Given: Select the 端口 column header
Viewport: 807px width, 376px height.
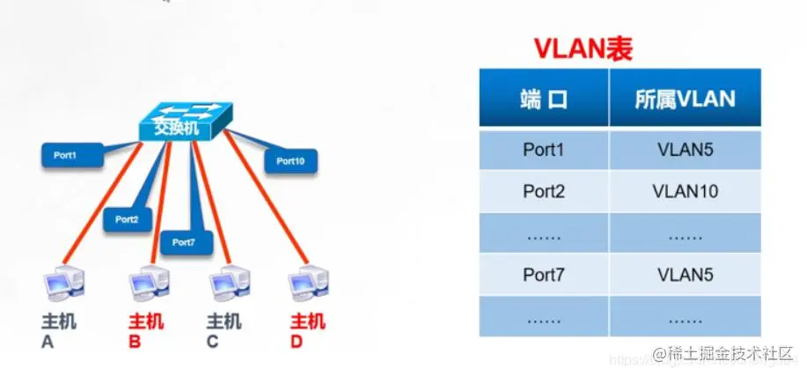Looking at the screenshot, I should [x=543, y=99].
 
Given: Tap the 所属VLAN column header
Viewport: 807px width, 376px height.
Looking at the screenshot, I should [x=684, y=99].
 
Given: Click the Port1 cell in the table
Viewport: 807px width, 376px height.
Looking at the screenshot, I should [x=543, y=150].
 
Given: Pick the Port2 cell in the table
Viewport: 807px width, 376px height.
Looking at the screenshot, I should [x=543, y=191].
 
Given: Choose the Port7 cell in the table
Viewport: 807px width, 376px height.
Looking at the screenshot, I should [x=543, y=274].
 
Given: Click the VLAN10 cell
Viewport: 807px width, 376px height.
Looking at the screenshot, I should [x=684, y=191].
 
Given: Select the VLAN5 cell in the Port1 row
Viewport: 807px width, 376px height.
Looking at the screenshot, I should [x=684, y=150].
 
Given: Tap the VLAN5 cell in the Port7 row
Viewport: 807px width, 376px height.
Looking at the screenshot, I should [x=684, y=274].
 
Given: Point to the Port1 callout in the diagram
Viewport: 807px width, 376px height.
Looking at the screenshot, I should [x=70, y=155].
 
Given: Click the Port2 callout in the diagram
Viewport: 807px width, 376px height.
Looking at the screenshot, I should [x=128, y=218].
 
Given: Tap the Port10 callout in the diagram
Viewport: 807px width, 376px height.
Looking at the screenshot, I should [x=290, y=161].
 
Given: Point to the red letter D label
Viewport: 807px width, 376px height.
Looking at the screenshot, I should [x=297, y=340].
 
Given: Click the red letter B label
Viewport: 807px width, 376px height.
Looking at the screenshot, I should [x=135, y=340].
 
